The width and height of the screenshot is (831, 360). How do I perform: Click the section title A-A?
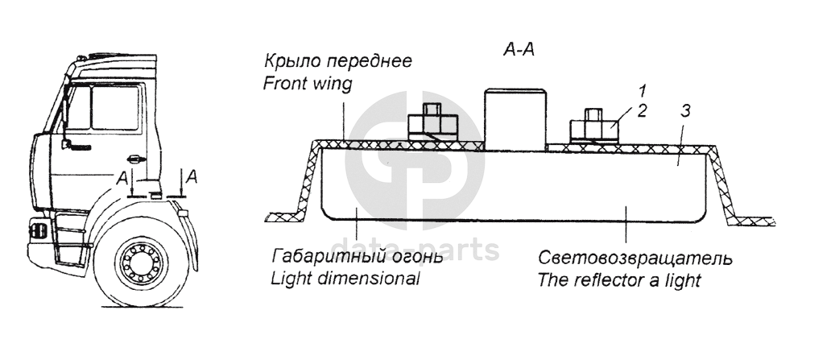[519, 50]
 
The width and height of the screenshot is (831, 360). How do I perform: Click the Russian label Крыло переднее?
[339, 61]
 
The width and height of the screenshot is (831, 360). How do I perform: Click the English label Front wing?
[308, 84]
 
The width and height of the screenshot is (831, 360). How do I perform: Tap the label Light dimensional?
[346, 279]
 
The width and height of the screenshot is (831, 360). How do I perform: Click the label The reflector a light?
[619, 280]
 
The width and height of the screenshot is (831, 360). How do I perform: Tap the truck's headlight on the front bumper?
[36, 230]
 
